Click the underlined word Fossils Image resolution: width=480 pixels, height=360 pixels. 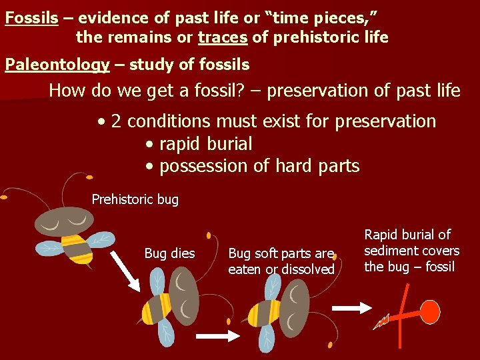pos(31,17)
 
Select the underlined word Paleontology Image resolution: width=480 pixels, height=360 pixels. pos(57,65)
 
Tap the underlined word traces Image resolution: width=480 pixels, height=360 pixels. pos(223,37)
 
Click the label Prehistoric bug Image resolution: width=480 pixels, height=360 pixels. pos(135,199)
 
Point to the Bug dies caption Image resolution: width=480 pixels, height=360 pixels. pos(169,253)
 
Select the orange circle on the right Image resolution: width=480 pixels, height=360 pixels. pos(429,311)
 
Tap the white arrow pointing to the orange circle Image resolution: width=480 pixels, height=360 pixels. pos(347,308)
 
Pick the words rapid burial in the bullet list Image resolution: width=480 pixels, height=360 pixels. pos(205,144)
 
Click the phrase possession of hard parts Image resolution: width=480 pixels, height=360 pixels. pos(259,166)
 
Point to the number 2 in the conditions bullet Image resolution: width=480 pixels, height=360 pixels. pos(116,121)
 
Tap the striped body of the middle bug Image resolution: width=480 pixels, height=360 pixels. pos(263,313)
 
